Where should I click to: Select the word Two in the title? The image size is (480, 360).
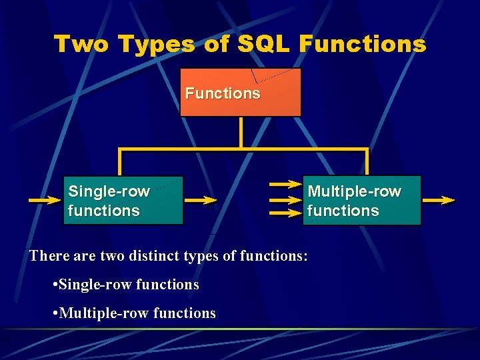click(82, 44)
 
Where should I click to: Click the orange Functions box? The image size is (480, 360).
click(241, 93)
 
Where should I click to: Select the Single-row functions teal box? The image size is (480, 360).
click(123, 200)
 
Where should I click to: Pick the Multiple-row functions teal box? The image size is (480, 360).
click(362, 200)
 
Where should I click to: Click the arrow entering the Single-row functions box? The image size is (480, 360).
click(44, 199)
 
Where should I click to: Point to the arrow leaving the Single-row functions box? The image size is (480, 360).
click(201, 199)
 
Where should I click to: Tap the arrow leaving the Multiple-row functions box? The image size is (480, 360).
click(439, 199)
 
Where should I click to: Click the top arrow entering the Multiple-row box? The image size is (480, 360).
click(285, 185)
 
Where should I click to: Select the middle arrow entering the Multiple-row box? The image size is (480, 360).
click(285, 199)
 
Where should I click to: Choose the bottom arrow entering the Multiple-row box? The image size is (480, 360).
click(285, 213)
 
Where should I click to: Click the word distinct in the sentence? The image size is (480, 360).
click(163, 256)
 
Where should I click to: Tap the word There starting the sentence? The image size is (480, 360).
click(47, 256)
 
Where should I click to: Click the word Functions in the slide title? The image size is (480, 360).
click(363, 44)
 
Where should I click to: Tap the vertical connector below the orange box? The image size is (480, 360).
click(241, 131)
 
